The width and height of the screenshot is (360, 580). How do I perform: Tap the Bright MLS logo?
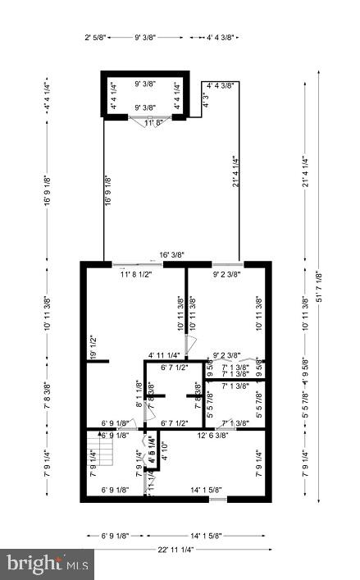point(48,564)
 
